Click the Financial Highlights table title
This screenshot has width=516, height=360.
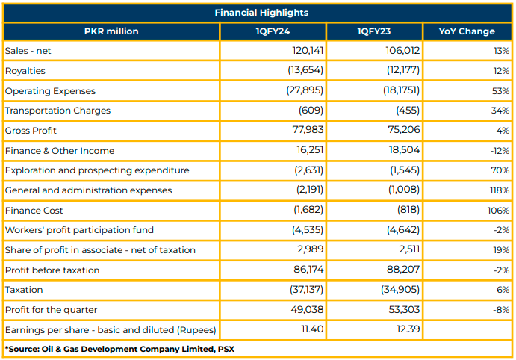tap(261, 13)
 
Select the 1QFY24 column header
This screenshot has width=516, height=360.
tap(273, 31)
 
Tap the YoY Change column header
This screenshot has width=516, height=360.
tap(467, 31)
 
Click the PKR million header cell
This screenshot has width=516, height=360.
tap(111, 31)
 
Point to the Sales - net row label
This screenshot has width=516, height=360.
tap(28, 51)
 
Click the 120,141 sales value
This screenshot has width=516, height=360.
tap(308, 50)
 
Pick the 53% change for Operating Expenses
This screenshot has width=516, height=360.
tap(500, 91)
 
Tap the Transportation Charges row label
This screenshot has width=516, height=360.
tap(57, 111)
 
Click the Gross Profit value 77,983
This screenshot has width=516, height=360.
tap(308, 130)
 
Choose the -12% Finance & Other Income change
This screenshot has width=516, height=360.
tap(500, 151)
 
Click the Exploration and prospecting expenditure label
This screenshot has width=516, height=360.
tap(97, 170)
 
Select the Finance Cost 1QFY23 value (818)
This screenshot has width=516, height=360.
tap(408, 210)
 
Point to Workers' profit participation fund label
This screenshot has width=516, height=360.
tap(79, 230)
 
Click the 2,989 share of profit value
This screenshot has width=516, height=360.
tap(311, 249)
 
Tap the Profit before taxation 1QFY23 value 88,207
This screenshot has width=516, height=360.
tap(403, 270)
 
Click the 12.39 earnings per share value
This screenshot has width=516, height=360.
tap(408, 329)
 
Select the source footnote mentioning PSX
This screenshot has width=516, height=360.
tap(119, 349)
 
